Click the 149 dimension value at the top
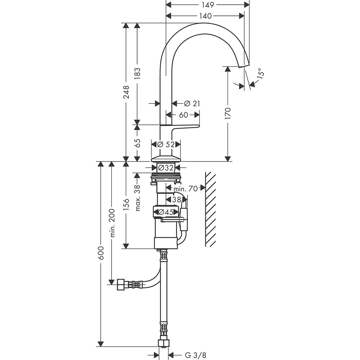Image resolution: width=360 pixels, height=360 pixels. pyautogui.click(x=207, y=5)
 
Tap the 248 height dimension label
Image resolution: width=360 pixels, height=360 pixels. pyautogui.click(x=126, y=93)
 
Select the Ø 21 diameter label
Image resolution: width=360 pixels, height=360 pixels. pyautogui.click(x=192, y=104)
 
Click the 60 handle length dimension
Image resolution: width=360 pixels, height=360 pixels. pyautogui.click(x=184, y=115)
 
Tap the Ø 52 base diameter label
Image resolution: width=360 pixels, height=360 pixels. pyautogui.click(x=166, y=144)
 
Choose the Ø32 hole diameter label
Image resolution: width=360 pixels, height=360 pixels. pyautogui.click(x=166, y=167)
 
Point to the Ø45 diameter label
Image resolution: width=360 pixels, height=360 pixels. pyautogui.click(x=166, y=212)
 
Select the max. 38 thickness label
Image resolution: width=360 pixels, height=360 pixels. pyautogui.click(x=137, y=198)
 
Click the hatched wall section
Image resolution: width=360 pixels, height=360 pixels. pyautogui.click(x=210, y=209)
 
